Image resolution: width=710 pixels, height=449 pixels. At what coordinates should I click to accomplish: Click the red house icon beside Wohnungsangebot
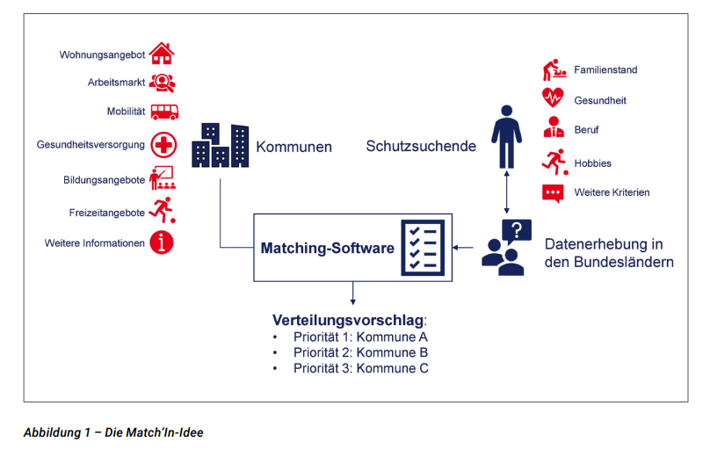coord(161,54)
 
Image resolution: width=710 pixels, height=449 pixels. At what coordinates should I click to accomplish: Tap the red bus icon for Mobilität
coord(163,112)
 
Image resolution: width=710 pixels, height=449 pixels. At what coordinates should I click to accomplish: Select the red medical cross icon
coord(163,144)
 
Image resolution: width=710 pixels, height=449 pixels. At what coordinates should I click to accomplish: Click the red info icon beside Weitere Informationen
coord(162,243)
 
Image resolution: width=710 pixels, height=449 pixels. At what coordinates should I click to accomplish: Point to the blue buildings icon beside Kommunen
coord(220,145)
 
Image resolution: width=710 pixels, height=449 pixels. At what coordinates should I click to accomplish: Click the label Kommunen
coord(293,147)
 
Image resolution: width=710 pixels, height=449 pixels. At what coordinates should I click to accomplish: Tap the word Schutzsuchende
coord(421,146)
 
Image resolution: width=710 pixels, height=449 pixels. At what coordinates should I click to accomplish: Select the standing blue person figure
coord(505,136)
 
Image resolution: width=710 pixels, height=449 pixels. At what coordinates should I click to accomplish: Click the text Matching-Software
coord(327,248)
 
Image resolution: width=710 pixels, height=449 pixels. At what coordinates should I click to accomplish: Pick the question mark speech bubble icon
coord(516,233)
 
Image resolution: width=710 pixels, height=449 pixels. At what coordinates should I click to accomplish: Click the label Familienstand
coord(605,69)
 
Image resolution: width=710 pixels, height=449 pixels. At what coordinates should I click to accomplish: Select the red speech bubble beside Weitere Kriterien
coord(553,193)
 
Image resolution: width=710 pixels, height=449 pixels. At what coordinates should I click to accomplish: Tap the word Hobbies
coord(592,163)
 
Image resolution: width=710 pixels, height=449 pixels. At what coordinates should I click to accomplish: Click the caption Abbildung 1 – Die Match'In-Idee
coord(113,432)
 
